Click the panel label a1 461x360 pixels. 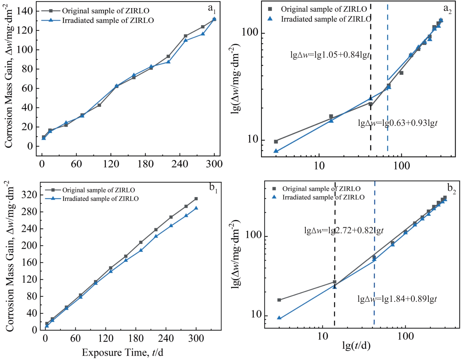(212, 9)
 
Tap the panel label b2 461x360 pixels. (451, 188)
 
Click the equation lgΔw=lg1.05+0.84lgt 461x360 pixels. (330, 55)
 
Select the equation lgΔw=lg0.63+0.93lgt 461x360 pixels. (397, 123)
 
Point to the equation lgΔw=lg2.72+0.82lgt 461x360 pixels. (344, 230)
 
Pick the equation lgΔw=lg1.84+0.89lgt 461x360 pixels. (397, 299)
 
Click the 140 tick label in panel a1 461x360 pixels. (25, 11)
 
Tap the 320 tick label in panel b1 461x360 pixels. (29, 195)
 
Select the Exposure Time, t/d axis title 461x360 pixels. (122, 353)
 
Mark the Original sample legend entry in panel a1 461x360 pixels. (105, 11)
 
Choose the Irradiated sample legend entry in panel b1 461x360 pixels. (100, 199)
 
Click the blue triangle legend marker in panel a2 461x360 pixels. (270, 19)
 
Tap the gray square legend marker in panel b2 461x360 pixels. (274, 189)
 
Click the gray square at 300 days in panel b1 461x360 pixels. (196, 199)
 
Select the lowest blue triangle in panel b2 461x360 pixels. (279, 318)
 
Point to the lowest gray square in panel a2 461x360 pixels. (276, 142)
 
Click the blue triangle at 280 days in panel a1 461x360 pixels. (203, 34)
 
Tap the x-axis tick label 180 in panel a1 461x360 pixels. (145, 164)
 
